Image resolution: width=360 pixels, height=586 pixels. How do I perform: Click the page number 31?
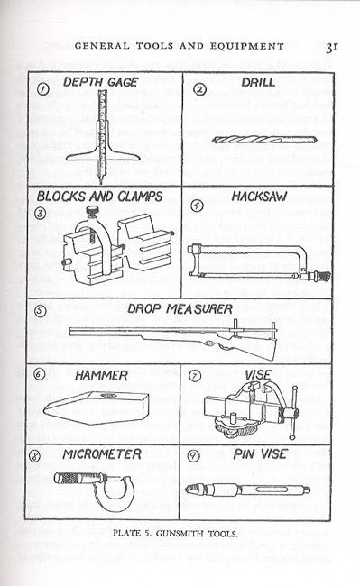point(332,47)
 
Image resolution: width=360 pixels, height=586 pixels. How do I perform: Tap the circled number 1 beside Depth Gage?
point(43,89)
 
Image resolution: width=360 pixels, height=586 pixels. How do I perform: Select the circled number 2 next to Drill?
point(200,89)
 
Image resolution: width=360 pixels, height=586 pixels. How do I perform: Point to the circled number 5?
point(41,310)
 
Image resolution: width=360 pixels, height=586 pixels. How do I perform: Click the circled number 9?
point(193,455)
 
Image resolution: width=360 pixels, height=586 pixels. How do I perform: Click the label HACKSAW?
point(260,197)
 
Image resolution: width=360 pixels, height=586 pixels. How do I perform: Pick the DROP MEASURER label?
point(180,308)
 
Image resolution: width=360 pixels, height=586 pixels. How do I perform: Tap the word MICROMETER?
point(102,454)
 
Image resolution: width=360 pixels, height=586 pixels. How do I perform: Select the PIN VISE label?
point(260,454)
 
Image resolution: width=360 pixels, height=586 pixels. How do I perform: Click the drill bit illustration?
point(264,140)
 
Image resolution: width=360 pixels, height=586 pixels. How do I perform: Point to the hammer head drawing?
point(97,408)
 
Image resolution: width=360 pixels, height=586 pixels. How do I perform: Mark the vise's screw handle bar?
point(293,413)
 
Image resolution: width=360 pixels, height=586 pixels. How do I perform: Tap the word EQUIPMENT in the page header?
point(247,46)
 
